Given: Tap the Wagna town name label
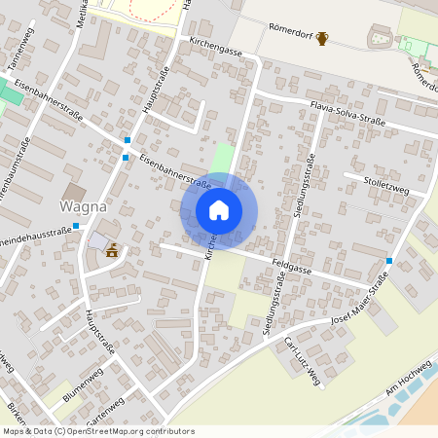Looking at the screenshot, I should point(84,206).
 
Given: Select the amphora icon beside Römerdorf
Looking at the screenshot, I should point(322,39).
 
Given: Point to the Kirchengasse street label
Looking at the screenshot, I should point(217,46).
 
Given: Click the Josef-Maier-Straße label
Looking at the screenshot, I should point(360,301).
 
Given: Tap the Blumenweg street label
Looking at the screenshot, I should point(83,384).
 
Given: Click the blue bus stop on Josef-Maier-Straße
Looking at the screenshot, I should point(389,261).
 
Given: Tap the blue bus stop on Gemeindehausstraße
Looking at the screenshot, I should point(76,226).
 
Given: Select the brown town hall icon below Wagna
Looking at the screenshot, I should point(112,250).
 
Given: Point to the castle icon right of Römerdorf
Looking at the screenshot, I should point(378,38).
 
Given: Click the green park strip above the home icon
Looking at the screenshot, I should point(224,159).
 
